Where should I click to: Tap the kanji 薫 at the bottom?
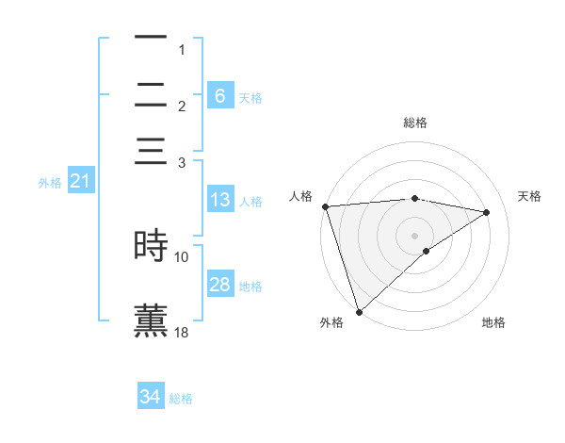152,319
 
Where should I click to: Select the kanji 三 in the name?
152,153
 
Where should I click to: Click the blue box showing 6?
219,95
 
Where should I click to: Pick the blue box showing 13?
219,200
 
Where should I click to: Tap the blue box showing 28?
219,285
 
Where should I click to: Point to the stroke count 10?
182,256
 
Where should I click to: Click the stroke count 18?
182,332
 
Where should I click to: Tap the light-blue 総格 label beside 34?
181,399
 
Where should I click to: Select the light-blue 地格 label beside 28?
250,287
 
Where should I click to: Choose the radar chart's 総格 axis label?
415,123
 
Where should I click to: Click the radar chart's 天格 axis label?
530,196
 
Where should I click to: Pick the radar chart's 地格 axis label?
493,322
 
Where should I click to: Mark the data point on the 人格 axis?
325,206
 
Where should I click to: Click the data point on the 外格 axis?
359,312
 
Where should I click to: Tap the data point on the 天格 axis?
487,212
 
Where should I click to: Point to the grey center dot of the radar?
414,235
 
